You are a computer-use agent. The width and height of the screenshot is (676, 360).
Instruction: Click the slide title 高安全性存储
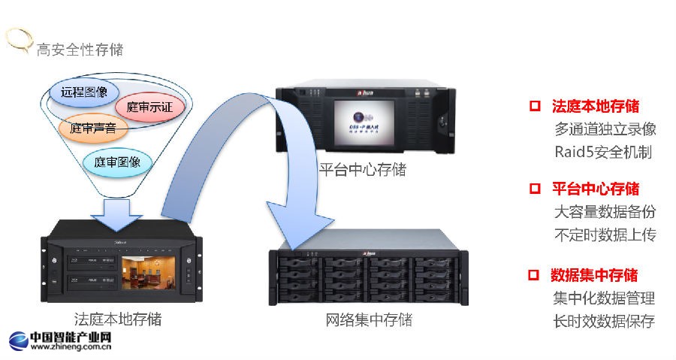tap(80, 50)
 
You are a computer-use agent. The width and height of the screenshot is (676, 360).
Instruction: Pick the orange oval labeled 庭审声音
tap(92, 129)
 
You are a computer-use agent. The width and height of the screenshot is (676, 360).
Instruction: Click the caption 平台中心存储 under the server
tap(362, 170)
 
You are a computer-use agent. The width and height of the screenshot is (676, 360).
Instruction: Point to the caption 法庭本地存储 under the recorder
tap(118, 319)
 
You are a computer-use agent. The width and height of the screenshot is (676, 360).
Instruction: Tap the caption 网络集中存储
tap(369, 319)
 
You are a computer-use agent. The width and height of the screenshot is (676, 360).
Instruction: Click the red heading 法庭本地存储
tap(596, 106)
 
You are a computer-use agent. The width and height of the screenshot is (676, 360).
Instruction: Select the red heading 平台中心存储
tap(596, 188)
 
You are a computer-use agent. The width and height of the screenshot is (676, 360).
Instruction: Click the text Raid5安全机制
tap(603, 152)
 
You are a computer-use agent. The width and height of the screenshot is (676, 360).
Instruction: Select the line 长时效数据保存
tap(604, 321)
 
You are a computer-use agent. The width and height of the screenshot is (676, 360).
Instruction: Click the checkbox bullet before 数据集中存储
tap(535, 275)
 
